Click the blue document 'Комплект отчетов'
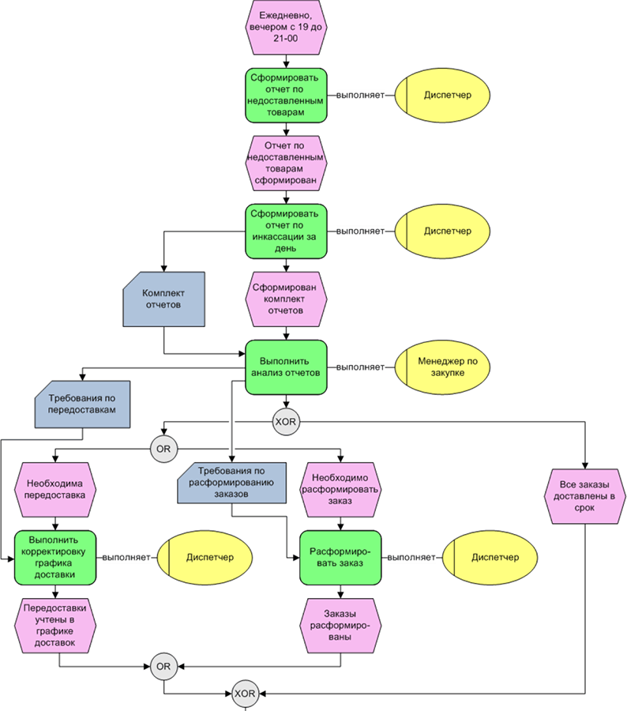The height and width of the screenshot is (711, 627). pos(163,299)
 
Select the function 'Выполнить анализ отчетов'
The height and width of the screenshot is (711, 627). pos(285,367)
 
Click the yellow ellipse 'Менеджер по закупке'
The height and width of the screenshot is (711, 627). pos(443,367)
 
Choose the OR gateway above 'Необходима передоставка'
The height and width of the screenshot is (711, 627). pos(163,449)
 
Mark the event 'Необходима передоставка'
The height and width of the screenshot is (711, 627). pos(56,489)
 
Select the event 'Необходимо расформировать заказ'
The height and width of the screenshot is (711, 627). pos(341,489)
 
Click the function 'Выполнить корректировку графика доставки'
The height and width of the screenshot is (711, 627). pos(55,557)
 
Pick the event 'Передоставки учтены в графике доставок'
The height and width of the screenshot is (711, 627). pos(55,625)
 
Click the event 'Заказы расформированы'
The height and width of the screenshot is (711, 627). pos(341,625)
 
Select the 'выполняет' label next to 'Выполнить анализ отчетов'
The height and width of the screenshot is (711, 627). pos(361,367)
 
